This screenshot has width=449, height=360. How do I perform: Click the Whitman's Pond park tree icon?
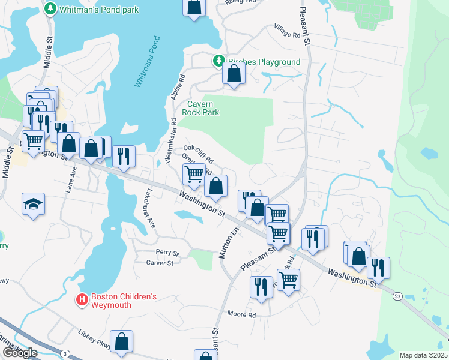click(x=50, y=9)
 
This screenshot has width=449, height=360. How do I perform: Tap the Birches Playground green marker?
click(x=219, y=61)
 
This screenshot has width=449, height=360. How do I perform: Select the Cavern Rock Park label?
click(x=201, y=107)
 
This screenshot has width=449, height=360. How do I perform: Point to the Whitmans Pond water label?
click(x=148, y=62)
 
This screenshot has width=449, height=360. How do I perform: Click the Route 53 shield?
click(x=397, y=296)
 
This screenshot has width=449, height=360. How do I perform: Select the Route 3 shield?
click(x=64, y=353)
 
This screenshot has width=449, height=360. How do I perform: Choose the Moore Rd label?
click(x=242, y=314)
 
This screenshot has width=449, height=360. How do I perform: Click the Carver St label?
click(x=160, y=263)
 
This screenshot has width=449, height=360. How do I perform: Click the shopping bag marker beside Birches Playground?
click(x=234, y=74)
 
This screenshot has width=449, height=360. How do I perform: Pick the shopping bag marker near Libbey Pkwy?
click(x=122, y=341)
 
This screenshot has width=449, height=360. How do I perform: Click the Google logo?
click(x=19, y=353)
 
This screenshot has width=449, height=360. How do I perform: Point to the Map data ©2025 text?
click(x=423, y=355)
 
